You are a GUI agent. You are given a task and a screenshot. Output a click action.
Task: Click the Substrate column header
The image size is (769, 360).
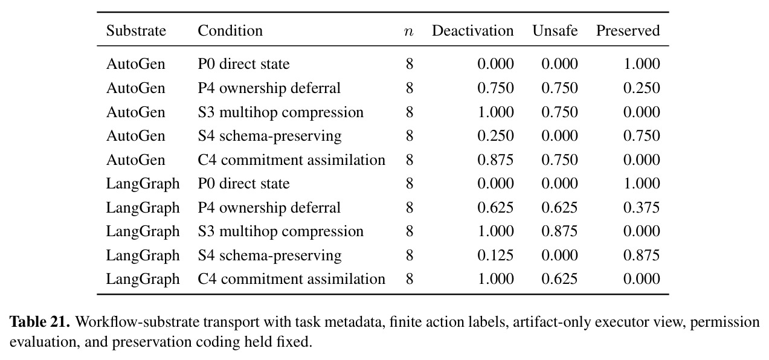tap(136, 31)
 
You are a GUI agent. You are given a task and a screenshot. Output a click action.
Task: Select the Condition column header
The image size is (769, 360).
tap(230, 31)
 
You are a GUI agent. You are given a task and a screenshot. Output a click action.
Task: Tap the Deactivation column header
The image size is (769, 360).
tap(472, 31)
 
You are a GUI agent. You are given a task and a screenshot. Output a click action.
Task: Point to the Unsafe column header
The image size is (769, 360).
tap(555, 31)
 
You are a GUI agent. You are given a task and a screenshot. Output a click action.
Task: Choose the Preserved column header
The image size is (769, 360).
tap(628, 31)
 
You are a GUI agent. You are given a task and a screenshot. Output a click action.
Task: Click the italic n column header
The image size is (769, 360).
tap(408, 32)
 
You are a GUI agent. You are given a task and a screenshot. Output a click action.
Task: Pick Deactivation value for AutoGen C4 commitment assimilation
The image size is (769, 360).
tap(495, 160)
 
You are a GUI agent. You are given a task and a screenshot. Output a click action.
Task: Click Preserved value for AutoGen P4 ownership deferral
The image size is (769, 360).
tap(642, 88)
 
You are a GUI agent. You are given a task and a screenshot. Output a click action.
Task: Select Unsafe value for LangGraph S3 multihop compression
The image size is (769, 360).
tap(559, 231)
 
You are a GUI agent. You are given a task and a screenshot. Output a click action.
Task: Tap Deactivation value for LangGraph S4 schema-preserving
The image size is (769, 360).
tap(495, 256)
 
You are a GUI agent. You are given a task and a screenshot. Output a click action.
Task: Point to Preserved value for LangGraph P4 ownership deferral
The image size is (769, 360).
tap(642, 208)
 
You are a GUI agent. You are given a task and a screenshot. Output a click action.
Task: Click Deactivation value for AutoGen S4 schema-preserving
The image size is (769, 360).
tap(495, 136)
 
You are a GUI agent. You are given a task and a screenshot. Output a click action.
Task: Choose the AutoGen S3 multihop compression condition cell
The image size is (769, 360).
tap(280, 112)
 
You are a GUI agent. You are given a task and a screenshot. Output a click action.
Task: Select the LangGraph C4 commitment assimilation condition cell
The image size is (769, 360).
tap(291, 279)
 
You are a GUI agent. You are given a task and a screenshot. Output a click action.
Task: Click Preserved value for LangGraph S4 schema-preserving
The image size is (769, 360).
tap(642, 256)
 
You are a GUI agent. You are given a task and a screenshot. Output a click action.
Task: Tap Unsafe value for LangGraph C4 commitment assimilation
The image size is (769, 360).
tap(559, 279)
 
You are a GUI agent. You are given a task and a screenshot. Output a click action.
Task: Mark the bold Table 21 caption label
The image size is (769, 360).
tap(40, 322)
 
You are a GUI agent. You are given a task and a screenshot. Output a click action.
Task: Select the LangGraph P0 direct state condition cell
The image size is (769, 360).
tap(243, 184)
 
